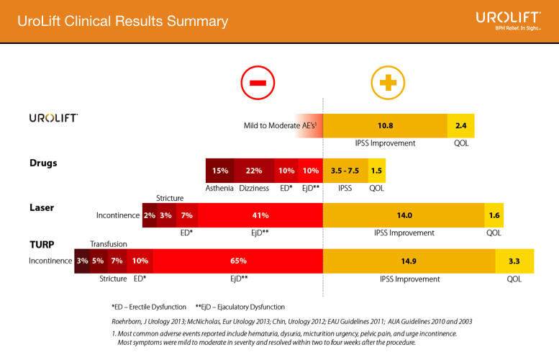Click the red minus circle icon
pos(257,82)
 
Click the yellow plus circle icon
pos(388,82)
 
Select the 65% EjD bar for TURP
pos(238,260)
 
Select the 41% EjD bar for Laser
pos(260,215)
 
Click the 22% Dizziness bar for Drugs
pos(254,171)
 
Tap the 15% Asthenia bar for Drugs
pos(220,171)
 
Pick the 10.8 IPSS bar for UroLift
pos(385,125)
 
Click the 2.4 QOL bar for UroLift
pos(460,125)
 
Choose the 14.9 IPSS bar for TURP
pos(409,260)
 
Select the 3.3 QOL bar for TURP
pos(514,260)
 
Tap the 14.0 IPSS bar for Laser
pos(404,215)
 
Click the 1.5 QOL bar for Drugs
pos(376,171)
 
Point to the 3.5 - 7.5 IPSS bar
pos(345,171)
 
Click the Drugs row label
pos(43,163)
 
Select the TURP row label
pos(42,244)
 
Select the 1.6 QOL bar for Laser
pos(494,215)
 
